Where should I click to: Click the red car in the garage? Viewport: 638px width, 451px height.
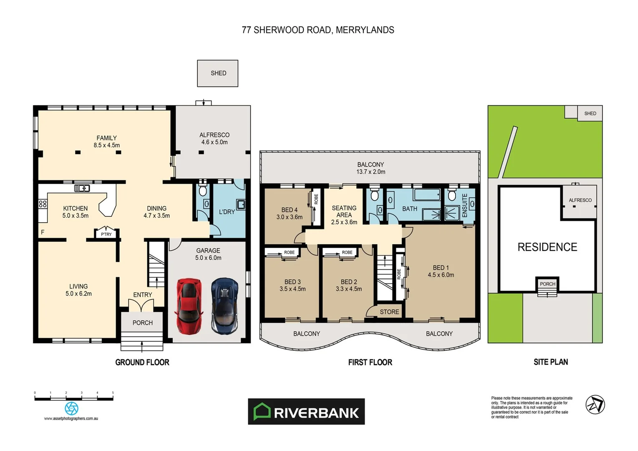(x=189, y=307)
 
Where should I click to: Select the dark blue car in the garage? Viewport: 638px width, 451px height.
(x=224, y=306)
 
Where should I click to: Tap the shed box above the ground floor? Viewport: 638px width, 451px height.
(x=218, y=73)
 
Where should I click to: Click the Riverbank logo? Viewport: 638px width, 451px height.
(x=306, y=412)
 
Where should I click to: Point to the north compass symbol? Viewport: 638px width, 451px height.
(x=595, y=405)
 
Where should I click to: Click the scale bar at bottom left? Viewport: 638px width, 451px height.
(x=74, y=398)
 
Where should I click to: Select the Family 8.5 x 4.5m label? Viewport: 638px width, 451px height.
(x=106, y=142)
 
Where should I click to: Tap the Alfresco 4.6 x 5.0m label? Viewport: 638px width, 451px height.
(x=214, y=139)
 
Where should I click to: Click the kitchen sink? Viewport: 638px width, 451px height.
(x=82, y=188)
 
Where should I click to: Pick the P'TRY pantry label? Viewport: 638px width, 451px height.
(x=106, y=234)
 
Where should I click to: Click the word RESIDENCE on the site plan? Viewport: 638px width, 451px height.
(x=547, y=247)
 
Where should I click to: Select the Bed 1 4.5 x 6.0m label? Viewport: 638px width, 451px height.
(x=441, y=271)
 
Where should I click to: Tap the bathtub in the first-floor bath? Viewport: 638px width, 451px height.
(x=426, y=194)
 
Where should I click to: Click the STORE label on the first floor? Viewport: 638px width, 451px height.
(x=389, y=312)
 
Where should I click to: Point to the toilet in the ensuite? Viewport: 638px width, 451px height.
(x=451, y=195)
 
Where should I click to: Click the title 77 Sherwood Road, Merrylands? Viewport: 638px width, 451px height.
(x=318, y=30)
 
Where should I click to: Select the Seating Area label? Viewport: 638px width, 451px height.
(x=344, y=215)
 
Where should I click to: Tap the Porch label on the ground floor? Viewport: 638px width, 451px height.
(x=142, y=323)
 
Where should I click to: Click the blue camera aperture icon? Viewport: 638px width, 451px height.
(x=71, y=408)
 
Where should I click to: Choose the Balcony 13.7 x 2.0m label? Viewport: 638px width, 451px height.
(x=371, y=168)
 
